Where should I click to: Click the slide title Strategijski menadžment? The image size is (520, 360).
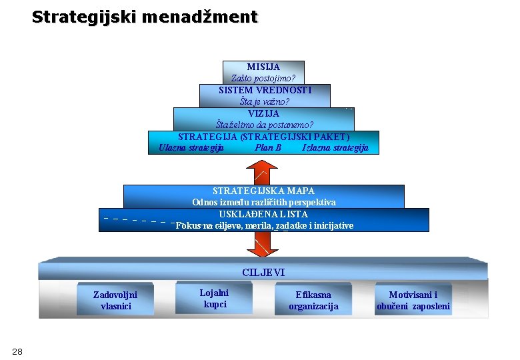[x=144, y=17]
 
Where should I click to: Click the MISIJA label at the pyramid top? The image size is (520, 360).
[x=263, y=67]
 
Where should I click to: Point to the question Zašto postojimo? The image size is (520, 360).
[x=263, y=78]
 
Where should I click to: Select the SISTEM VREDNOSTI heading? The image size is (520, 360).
[x=265, y=89]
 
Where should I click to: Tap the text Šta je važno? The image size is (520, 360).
[x=265, y=101]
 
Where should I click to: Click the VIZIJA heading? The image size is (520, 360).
[x=263, y=113]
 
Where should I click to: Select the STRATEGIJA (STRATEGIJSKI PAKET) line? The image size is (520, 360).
[x=264, y=137]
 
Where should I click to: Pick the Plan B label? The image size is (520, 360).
[x=268, y=147]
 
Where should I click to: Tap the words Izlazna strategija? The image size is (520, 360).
[x=335, y=147]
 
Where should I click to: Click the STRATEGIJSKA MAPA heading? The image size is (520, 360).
[x=263, y=191]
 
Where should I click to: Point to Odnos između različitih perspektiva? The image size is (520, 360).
[x=264, y=202]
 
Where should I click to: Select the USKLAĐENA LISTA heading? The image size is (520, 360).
[x=263, y=214]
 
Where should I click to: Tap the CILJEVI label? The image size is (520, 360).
[x=263, y=272]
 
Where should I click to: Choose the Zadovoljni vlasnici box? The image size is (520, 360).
[x=115, y=300]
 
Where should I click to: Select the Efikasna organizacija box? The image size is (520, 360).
[x=313, y=300]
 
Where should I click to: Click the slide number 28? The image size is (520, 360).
[x=17, y=351]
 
